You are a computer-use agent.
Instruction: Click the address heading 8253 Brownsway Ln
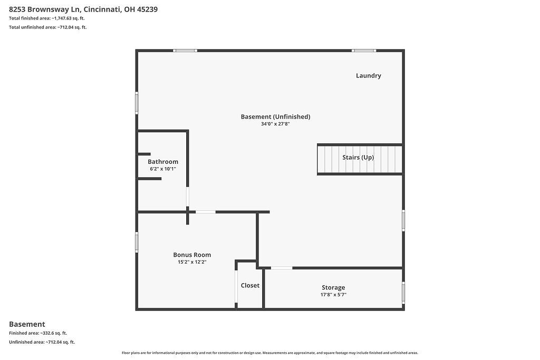[x=83, y=9]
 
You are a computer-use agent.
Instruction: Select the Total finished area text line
[x=46, y=18]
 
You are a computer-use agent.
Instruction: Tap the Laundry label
[x=368, y=75]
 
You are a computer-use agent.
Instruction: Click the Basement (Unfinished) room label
[x=275, y=116]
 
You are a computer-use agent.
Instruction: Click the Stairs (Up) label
[x=358, y=157]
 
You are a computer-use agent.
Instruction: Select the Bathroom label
[x=162, y=162]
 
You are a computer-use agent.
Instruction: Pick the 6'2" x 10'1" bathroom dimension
[x=162, y=169]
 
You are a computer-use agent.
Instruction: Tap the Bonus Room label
[x=192, y=255]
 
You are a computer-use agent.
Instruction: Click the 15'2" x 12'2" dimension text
[x=192, y=262]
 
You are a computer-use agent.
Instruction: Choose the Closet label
[x=250, y=285]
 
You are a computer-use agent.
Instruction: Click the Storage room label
[x=333, y=287]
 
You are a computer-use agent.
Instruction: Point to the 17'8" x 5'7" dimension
[x=333, y=295]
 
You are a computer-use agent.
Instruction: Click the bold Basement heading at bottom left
[x=27, y=324]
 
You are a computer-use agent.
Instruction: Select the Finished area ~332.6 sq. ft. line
[x=38, y=333]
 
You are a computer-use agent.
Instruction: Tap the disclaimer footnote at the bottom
[x=269, y=353]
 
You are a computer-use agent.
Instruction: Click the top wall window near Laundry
[x=364, y=51]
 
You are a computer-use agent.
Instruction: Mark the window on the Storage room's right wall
[x=403, y=291]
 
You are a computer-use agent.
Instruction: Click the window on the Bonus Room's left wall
[x=137, y=242]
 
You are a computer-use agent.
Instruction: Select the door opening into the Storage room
[x=282, y=268]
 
